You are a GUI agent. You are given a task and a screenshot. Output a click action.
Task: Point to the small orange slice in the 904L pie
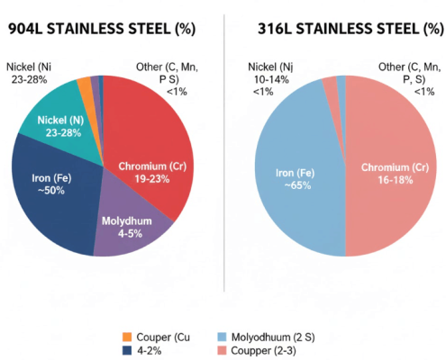[x=84, y=85]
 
